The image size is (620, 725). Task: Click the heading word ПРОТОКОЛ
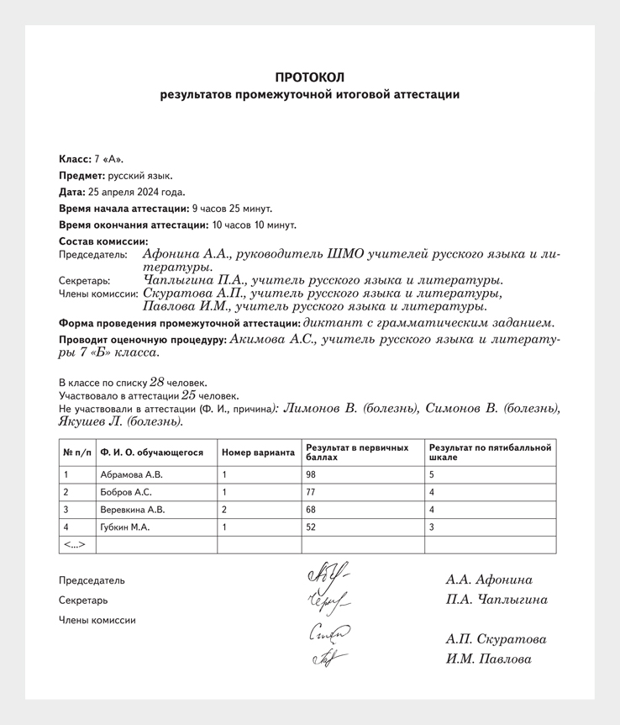point(309,77)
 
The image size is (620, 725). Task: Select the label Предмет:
point(81,176)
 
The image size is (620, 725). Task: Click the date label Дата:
point(73,192)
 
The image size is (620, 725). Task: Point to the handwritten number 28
point(156,381)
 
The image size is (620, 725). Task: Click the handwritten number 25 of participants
point(189,394)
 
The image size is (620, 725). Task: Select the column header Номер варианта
point(258,452)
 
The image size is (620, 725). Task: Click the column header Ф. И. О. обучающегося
point(152,452)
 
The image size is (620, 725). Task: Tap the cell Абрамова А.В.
point(132,474)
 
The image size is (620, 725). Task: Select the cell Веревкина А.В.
point(133,510)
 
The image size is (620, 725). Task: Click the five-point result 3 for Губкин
point(432,527)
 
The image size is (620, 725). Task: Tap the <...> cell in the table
point(75,545)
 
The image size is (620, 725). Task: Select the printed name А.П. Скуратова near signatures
point(496,639)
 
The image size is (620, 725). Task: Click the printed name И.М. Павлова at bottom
point(488,659)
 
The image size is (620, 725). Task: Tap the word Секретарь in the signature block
point(83,601)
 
